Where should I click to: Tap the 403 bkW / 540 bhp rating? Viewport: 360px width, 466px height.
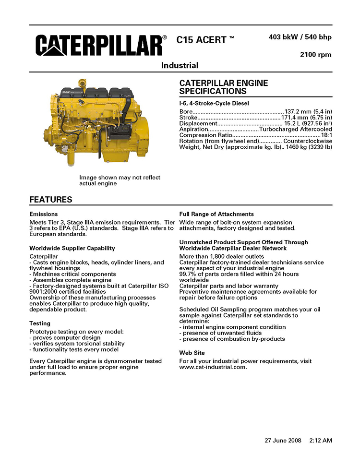pyautogui.click(x=300, y=37)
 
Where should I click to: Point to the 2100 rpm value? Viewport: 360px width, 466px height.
pyautogui.click(x=315, y=55)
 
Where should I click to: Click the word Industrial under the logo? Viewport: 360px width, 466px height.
pyautogui.click(x=180, y=65)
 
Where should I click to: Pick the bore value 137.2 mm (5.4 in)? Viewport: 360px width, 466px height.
pyautogui.click(x=308, y=112)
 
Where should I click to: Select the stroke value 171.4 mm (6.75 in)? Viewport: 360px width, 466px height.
pyautogui.click(x=306, y=118)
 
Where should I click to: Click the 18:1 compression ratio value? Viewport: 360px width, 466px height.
pyautogui.click(x=326, y=135)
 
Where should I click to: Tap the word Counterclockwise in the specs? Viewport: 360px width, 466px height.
pyautogui.click(x=308, y=141)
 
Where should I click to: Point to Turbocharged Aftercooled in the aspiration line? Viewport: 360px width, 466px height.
pyautogui.click(x=295, y=130)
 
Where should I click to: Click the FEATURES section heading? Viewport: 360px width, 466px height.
pyautogui.click(x=51, y=200)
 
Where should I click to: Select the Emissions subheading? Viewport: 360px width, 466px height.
pyautogui.click(x=44, y=214)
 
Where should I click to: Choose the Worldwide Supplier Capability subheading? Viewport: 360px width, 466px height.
pyautogui.click(x=72, y=248)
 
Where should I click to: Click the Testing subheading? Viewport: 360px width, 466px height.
pyautogui.click(x=40, y=323)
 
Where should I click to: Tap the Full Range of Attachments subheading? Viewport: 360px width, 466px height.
pyautogui.click(x=216, y=214)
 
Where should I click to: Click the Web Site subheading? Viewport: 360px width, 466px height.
pyautogui.click(x=192, y=353)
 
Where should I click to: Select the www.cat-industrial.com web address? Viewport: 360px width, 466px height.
pyautogui.click(x=213, y=367)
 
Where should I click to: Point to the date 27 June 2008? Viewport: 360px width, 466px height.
pyautogui.click(x=283, y=440)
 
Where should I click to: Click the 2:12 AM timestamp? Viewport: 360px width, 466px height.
pyautogui.click(x=321, y=440)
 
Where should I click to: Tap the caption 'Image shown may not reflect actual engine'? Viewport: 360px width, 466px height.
pyautogui.click(x=120, y=180)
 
